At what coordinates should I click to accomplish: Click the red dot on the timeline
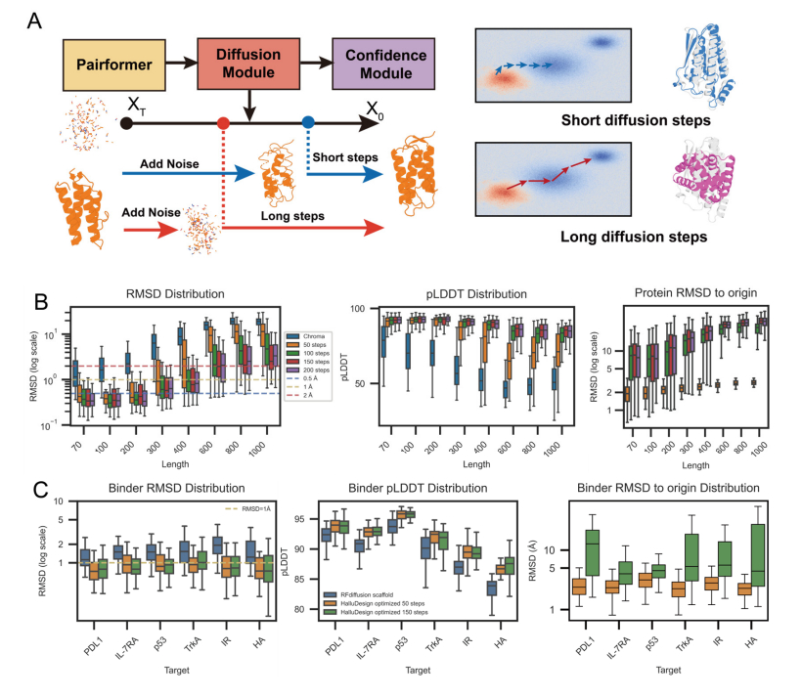point(223,123)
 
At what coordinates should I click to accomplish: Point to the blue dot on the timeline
point(308,123)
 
